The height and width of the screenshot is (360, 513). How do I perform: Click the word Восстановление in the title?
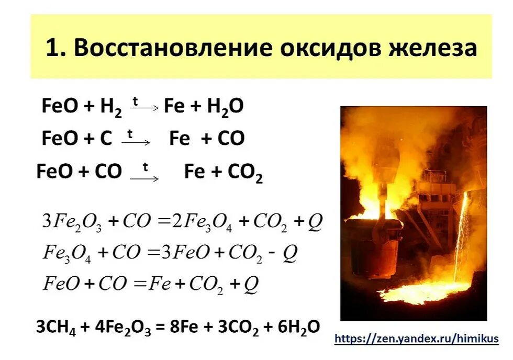click(x=173, y=48)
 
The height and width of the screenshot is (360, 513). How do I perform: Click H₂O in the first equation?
click(x=225, y=107)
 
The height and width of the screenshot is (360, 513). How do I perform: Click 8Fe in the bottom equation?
click(x=180, y=327)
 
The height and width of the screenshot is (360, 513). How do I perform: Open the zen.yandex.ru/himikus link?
click(x=416, y=339)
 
